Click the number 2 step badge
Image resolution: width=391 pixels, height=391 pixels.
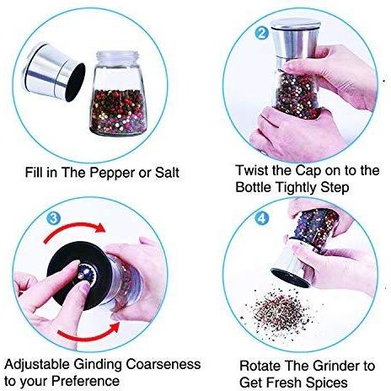point(262,33)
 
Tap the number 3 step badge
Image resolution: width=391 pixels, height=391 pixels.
point(53,218)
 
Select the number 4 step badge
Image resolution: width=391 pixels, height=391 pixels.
point(261,218)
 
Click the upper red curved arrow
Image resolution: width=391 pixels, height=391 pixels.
point(75,230)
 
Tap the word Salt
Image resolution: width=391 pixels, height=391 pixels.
point(167,172)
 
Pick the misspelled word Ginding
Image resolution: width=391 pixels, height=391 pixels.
point(98,365)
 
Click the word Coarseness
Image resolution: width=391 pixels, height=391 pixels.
point(163,364)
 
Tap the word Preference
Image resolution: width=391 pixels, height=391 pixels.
point(86,381)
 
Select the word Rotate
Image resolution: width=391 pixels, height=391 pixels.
point(260,366)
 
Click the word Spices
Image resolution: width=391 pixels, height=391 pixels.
point(326,383)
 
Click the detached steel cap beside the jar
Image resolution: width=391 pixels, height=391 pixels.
point(53,72)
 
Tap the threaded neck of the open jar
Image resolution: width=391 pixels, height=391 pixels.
point(117,57)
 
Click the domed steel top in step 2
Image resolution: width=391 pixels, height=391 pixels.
point(295,24)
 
